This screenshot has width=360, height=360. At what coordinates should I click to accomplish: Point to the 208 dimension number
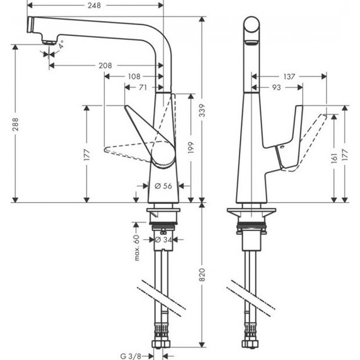(x=105, y=66)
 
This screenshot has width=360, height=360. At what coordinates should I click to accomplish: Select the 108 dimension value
(x=133, y=76)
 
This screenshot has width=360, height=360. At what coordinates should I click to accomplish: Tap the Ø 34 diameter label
(x=165, y=240)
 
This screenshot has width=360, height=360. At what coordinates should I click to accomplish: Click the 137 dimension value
(x=290, y=76)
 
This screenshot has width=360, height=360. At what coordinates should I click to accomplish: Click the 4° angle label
(x=63, y=45)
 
